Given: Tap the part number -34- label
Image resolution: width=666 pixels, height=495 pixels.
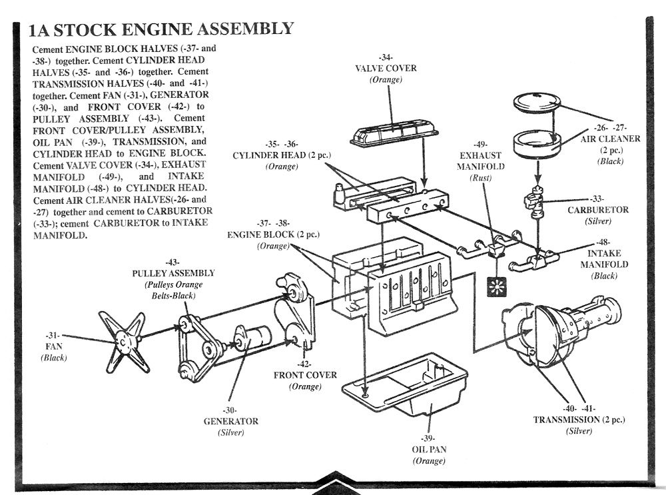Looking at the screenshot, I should [x=385, y=57].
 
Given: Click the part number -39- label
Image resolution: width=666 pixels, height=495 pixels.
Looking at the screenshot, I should [x=428, y=438].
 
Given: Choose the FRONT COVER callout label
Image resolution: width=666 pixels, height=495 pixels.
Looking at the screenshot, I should [x=305, y=375].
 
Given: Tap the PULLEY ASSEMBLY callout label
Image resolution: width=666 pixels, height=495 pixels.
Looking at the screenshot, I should [x=173, y=273].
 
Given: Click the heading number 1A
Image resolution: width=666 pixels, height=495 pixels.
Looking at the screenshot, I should [x=39, y=30].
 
